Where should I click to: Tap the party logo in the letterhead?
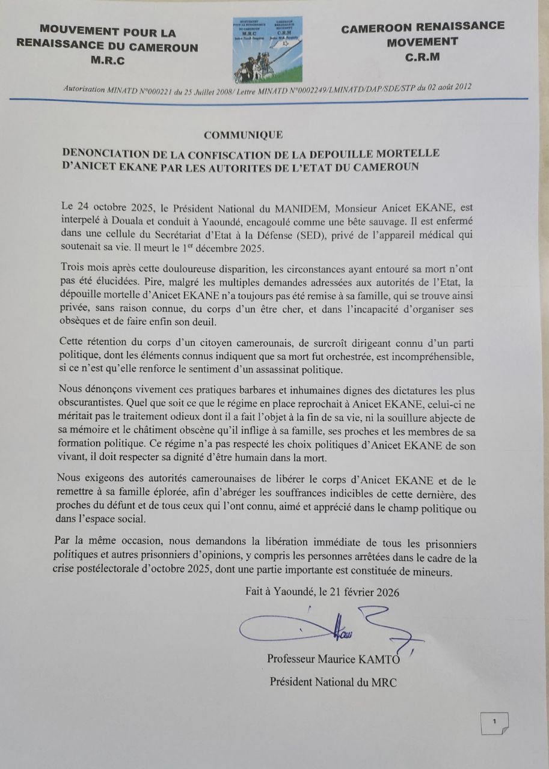point(267,50)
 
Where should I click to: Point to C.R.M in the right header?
point(422,57)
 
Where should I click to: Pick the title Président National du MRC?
point(333,682)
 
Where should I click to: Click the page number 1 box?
point(494,722)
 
